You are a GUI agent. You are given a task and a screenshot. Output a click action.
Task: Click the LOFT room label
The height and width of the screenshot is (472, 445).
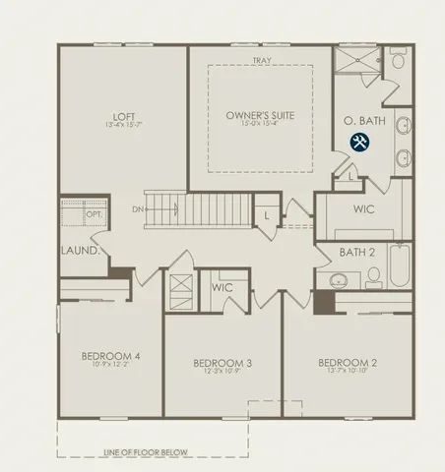click(x=124, y=114)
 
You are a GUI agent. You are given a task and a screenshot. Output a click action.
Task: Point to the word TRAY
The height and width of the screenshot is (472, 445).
click(x=261, y=61)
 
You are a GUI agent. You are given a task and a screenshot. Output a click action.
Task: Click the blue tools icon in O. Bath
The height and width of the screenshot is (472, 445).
click(x=359, y=143)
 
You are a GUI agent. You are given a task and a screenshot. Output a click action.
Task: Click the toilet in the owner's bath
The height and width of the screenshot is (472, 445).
click(x=398, y=61)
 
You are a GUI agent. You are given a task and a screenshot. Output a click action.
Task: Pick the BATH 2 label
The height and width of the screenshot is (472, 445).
click(x=357, y=253)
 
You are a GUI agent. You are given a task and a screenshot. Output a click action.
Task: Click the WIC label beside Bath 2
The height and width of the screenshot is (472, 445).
click(x=363, y=208)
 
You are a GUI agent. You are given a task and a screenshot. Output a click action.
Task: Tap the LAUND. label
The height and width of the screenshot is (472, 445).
click(x=82, y=251)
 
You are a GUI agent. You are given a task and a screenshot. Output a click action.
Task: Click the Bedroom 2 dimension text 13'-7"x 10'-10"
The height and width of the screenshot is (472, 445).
click(x=344, y=371)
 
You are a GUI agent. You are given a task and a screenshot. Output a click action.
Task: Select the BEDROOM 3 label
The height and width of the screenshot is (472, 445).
click(x=222, y=363)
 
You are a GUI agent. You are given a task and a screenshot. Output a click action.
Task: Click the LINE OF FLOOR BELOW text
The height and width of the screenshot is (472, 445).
click(x=146, y=452)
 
